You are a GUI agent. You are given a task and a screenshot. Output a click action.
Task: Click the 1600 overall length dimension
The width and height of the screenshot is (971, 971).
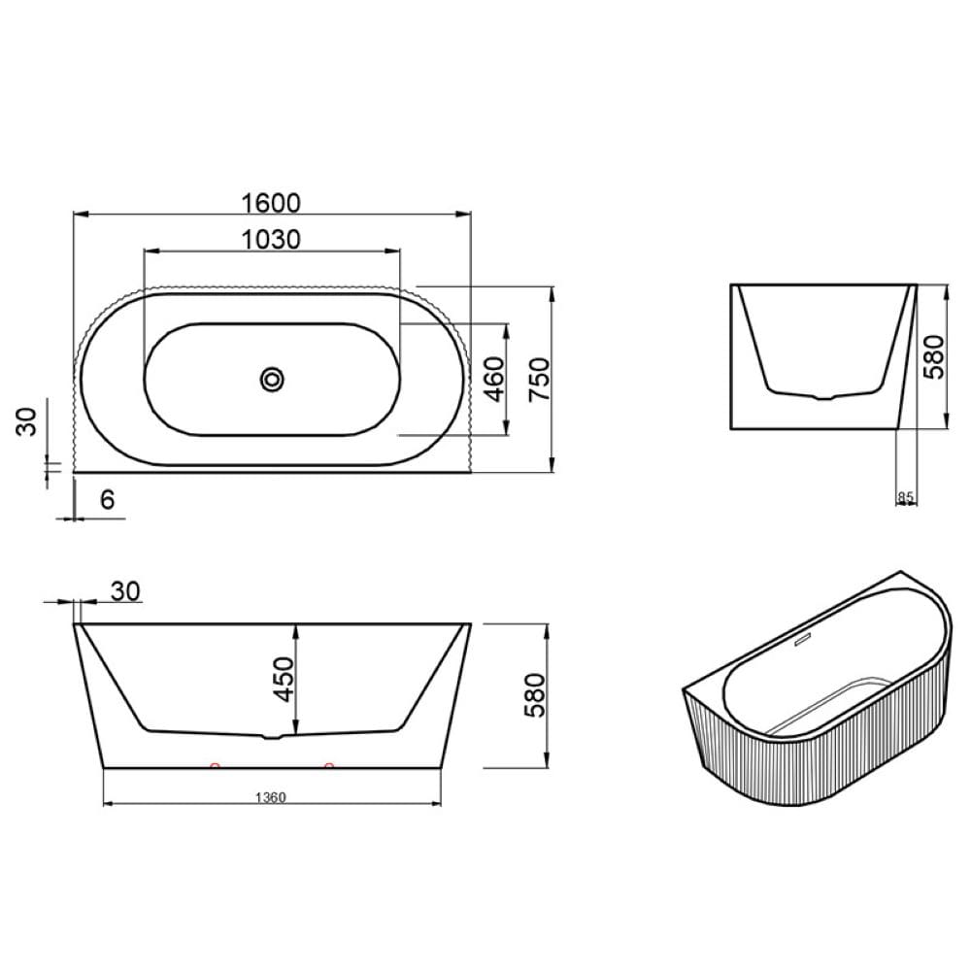(271, 203)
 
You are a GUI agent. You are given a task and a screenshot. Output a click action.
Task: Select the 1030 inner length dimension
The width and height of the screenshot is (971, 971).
(271, 239)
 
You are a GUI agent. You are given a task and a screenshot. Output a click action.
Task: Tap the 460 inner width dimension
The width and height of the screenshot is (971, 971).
(494, 379)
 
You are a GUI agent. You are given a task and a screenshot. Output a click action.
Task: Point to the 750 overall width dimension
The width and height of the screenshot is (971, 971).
(539, 379)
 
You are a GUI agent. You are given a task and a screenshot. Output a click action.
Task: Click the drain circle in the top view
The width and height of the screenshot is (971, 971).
(272, 379)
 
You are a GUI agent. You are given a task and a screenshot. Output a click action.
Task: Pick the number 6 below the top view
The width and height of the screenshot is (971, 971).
(107, 499)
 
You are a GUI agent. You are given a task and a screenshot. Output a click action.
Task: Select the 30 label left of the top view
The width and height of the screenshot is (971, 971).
(26, 422)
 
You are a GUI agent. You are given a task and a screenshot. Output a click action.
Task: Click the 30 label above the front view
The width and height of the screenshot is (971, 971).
(125, 591)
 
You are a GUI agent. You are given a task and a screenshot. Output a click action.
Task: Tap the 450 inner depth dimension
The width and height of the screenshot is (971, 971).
(284, 680)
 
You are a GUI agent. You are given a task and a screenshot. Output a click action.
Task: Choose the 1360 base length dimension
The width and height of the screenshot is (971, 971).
(271, 797)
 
